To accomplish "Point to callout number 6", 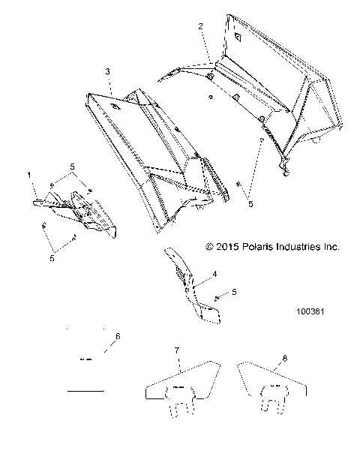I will coord(117,335).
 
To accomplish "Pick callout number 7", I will coord(176,350).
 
